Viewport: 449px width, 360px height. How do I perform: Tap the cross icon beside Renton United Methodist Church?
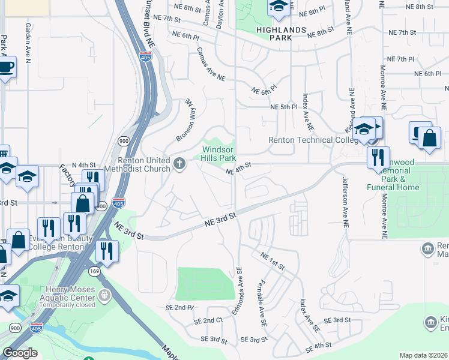(179, 164)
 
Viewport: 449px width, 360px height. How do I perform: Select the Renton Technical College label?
(309, 140)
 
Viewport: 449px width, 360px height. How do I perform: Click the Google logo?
(20, 353)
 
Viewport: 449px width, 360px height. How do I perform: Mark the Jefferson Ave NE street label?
(345, 200)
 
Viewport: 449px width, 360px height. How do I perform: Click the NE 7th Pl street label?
(401, 59)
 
